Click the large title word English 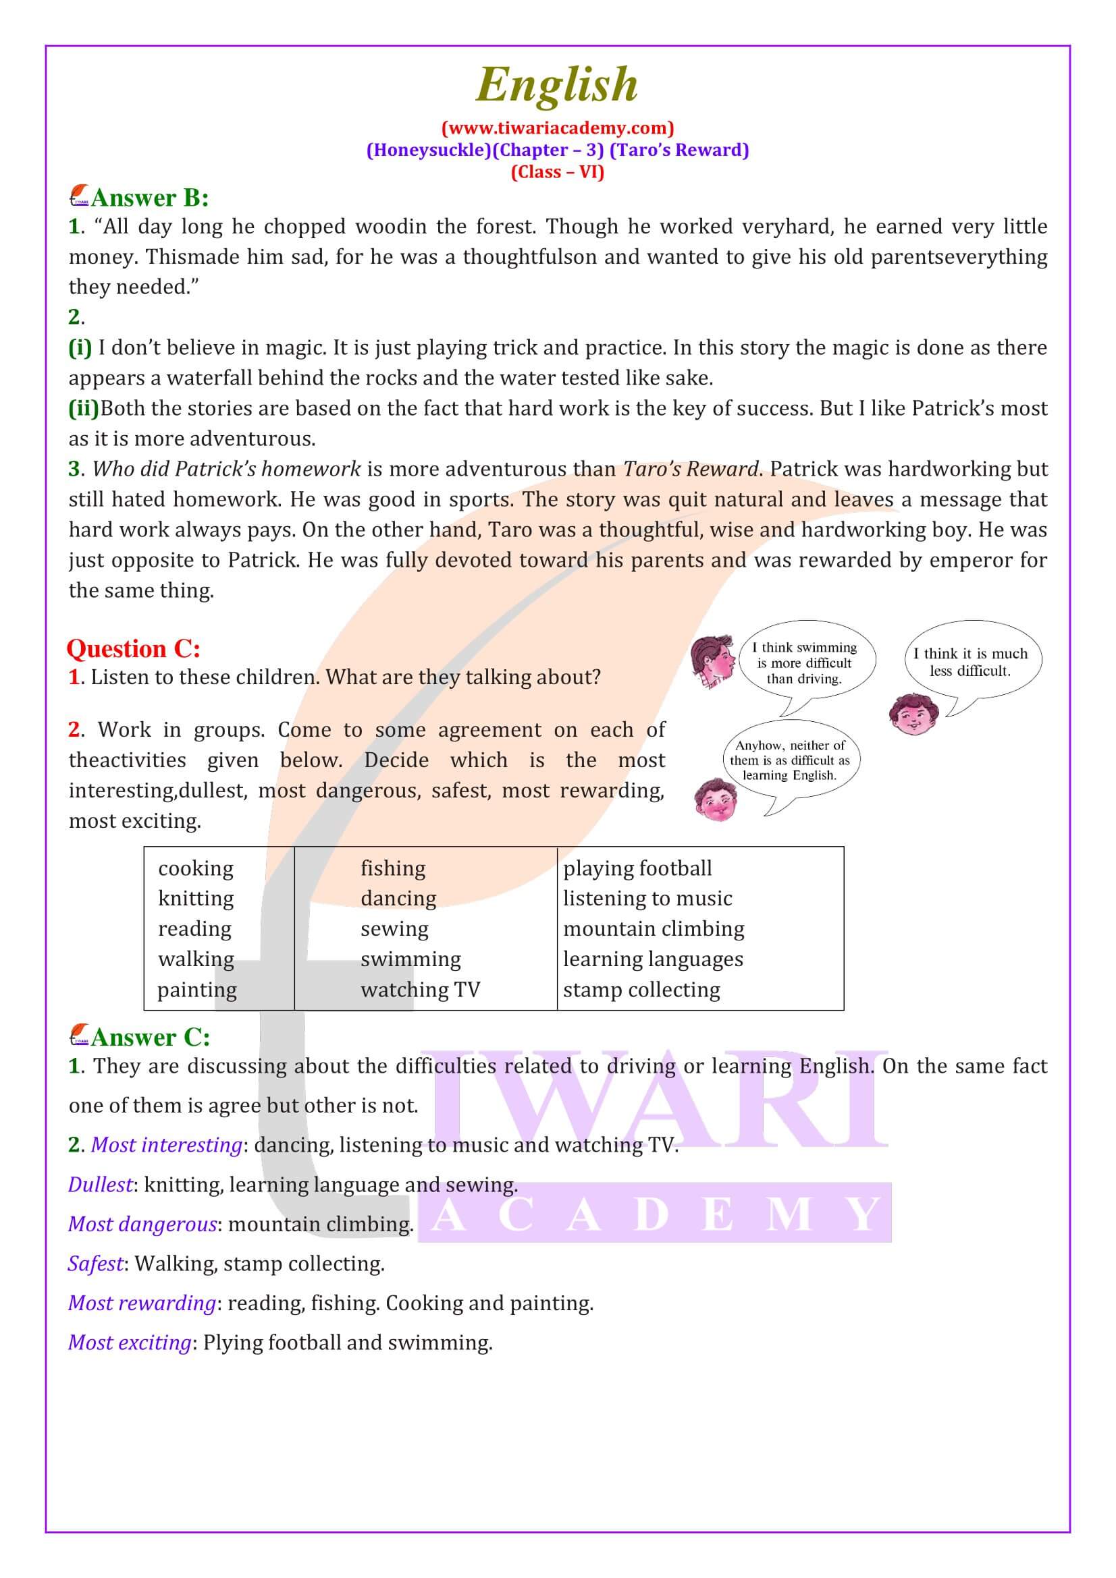coord(557,85)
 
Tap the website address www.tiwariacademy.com coord(557,128)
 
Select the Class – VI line coord(557,172)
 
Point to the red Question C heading coord(134,649)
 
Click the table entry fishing coord(393,868)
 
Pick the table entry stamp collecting coord(641,990)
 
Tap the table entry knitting coord(195,898)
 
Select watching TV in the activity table coord(420,990)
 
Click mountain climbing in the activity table coord(654,928)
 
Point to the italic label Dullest coord(101,1185)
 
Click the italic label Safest coord(96,1263)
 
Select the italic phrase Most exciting coord(129,1343)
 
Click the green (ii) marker coord(83,408)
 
